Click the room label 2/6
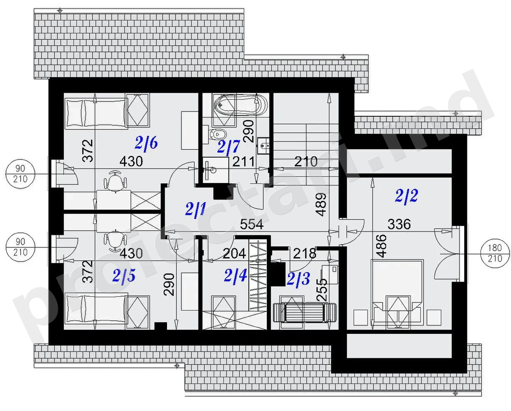[146, 143]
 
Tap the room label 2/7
[228, 147]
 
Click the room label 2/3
[299, 278]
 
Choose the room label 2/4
[235, 276]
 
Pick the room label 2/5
[124, 276]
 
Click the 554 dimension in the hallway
[252, 224]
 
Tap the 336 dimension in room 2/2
[399, 224]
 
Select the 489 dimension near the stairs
[321, 204]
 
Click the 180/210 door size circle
[495, 253]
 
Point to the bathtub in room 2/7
[241, 105]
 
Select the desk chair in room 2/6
[115, 181]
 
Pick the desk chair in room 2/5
[115, 240]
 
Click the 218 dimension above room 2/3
[305, 254]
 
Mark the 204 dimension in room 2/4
[234, 253]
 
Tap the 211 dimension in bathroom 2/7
[243, 161]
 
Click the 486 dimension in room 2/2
[381, 246]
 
